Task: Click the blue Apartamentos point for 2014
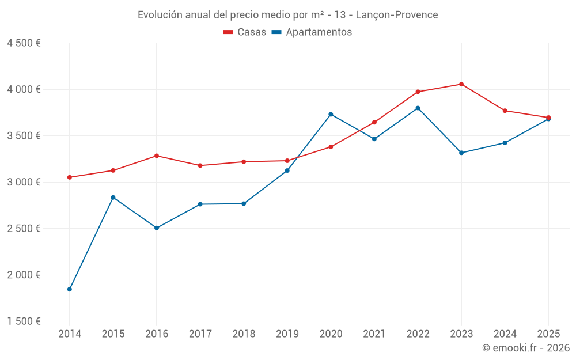(70, 289)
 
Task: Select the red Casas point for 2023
(461, 84)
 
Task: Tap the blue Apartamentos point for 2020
(331, 114)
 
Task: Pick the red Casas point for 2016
(157, 156)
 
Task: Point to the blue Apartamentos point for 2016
(157, 228)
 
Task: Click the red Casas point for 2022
(418, 92)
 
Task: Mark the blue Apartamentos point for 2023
(461, 153)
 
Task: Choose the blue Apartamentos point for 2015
(113, 198)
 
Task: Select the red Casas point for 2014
(70, 177)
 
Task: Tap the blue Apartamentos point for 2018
(244, 203)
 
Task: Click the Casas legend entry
(245, 32)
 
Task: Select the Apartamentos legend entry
(312, 32)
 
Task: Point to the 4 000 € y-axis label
(24, 89)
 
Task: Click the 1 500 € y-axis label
(24, 321)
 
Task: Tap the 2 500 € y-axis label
(24, 229)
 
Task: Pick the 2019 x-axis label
(287, 334)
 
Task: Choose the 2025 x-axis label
(548, 334)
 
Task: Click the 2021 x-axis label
(374, 334)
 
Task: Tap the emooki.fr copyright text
(526, 348)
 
